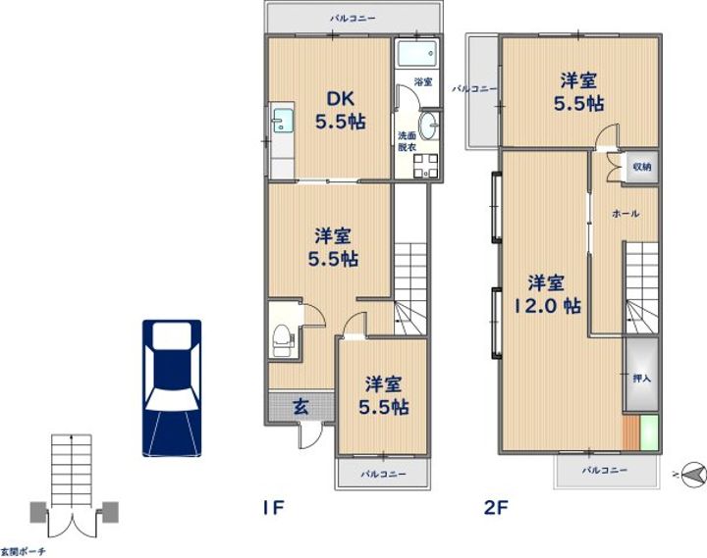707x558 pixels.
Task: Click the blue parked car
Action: coord(172,387)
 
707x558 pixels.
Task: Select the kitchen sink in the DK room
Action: coord(283,121)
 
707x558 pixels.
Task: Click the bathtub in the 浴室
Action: coord(417,54)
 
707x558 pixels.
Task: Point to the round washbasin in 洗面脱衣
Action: coord(429,126)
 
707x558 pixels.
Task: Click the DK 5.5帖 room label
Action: coord(340,111)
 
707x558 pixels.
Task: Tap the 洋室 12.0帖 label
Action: coord(547,294)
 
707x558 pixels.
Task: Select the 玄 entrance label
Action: coord(301,407)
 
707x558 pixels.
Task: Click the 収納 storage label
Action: coord(642,167)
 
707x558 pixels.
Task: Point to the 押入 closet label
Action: coord(641,379)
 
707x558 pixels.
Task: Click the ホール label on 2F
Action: coord(625,214)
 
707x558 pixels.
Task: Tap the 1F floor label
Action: coord(273,508)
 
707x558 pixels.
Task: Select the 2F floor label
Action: coord(496,508)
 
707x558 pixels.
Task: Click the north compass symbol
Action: coord(692,475)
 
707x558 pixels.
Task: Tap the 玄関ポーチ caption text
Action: coord(23,551)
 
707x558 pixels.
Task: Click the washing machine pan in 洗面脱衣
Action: coord(425,166)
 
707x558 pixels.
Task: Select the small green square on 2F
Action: coord(649,432)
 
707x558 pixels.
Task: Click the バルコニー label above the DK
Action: coord(353,19)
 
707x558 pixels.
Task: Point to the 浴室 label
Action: coord(423,82)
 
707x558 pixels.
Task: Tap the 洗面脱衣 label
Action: coord(407,141)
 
